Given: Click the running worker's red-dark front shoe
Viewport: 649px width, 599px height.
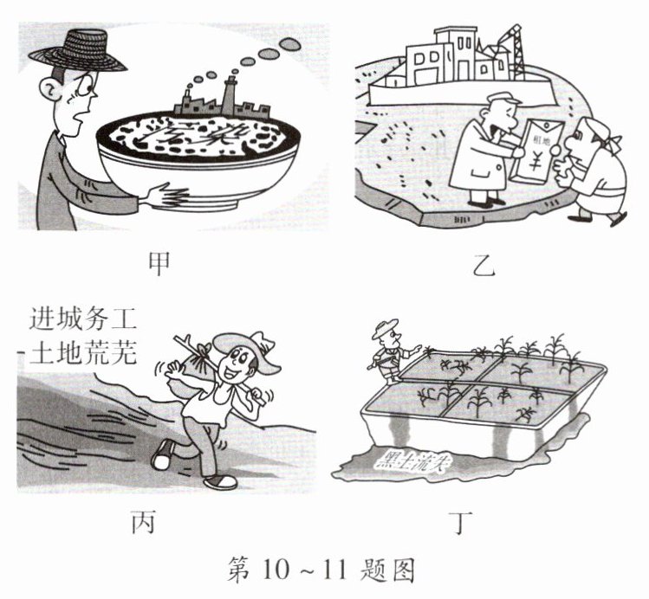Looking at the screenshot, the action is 219,480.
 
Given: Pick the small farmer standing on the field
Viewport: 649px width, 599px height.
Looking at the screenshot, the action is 387,351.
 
